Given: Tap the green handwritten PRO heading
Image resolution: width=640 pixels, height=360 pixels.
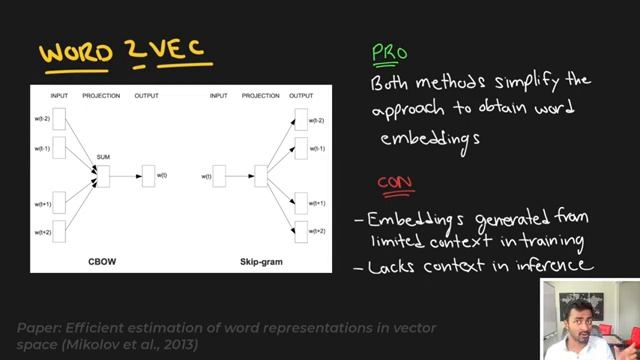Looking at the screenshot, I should coord(389,53).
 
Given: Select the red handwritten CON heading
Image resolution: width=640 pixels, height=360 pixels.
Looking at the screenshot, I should coord(395,183).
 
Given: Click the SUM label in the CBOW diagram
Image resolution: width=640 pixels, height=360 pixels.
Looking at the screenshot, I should coord(102,158).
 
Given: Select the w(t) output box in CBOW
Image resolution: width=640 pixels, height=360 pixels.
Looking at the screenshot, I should coord(148,176).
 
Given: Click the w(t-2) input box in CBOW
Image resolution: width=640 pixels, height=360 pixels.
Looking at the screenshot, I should coord(58,119).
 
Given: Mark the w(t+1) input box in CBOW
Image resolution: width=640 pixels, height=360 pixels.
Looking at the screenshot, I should coord(58,204).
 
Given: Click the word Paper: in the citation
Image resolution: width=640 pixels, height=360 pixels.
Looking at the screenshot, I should coord(38,326).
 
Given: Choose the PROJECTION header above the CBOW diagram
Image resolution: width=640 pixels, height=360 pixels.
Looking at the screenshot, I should coord(101,95).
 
